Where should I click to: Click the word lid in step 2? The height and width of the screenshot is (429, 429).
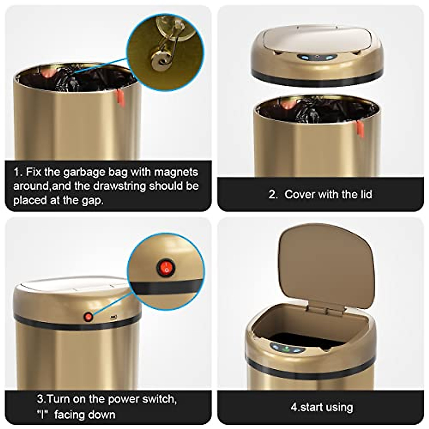click(x=364, y=194)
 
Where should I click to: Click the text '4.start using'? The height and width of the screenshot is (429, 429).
click(x=321, y=407)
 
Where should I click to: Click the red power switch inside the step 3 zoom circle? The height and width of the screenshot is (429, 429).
click(x=162, y=266)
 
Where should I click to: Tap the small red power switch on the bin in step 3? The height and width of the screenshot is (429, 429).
click(x=88, y=316)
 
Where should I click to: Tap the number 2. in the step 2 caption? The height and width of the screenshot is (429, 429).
click(x=273, y=194)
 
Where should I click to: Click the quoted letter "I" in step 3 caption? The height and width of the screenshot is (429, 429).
click(x=43, y=415)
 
